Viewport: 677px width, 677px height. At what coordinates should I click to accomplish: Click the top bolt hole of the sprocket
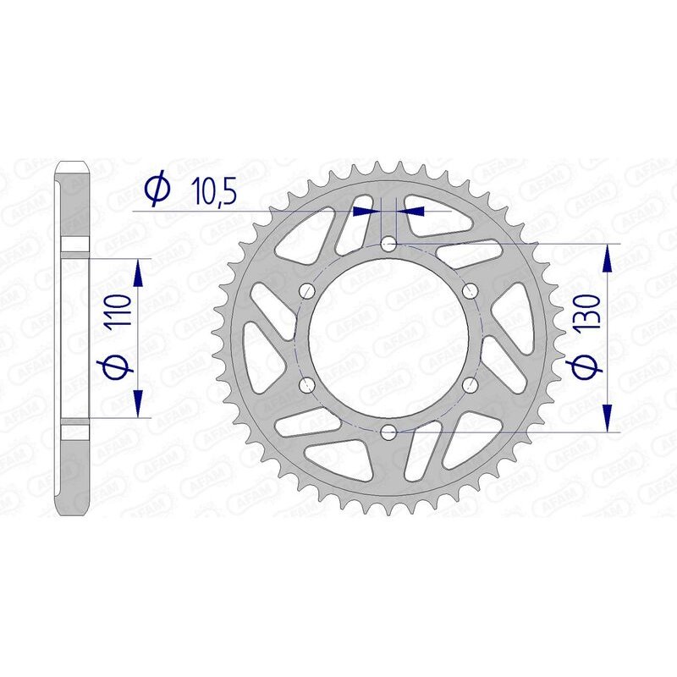[x=388, y=244]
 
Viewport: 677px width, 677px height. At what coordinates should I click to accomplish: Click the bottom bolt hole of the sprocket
[x=388, y=432]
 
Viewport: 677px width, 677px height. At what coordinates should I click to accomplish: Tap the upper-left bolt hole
[x=306, y=291]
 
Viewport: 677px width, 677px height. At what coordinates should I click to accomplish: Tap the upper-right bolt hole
[x=471, y=291]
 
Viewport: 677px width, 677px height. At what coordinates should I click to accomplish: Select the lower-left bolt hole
[x=306, y=386]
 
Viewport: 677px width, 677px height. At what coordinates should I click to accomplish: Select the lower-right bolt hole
[x=471, y=386]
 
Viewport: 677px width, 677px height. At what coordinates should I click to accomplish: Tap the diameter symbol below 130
[x=590, y=366]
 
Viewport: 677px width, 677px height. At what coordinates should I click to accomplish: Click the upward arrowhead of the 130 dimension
[x=607, y=258]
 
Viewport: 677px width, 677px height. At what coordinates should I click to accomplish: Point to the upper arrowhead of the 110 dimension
[x=138, y=272]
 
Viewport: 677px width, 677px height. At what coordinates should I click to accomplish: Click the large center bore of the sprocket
[x=388, y=338]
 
